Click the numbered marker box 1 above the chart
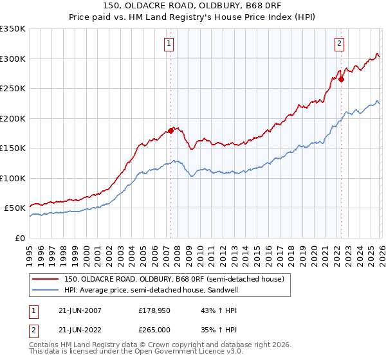coord(169,44)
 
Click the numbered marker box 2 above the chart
coord(339,44)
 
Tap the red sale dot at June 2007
coord(170,130)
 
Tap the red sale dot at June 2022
coord(342,80)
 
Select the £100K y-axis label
coord(12,178)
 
